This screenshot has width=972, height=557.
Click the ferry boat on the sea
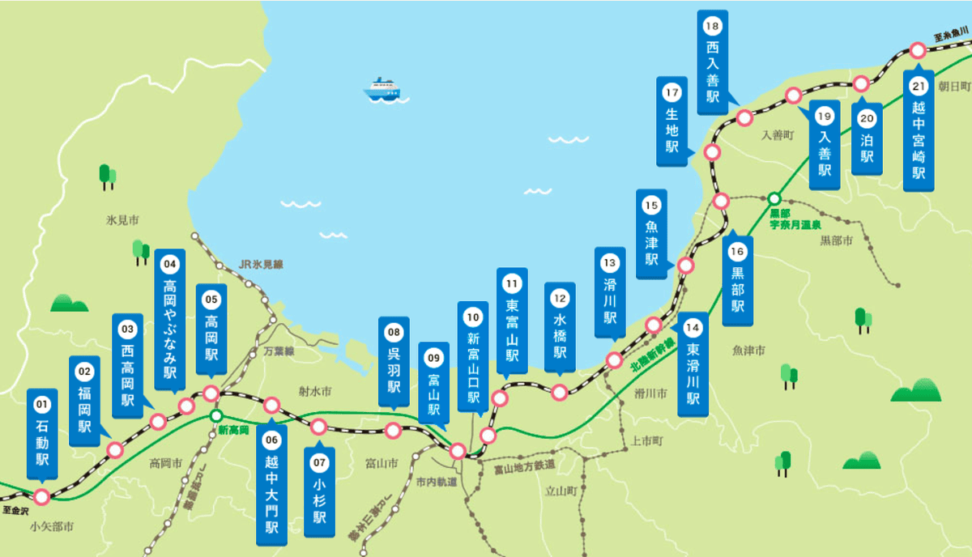click(382, 88)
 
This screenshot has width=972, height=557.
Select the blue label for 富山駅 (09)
click(434, 384)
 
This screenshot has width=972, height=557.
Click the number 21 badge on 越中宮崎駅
click(919, 85)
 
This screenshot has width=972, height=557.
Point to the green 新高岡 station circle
click(216, 416)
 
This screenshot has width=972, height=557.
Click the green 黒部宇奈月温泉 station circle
click(774, 198)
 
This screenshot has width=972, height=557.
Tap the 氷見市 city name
click(122, 219)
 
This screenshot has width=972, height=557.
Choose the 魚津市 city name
click(748, 350)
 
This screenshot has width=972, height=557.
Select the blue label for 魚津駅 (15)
click(651, 236)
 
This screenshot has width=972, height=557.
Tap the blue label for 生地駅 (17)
click(671, 121)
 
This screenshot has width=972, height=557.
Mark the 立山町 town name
click(560, 491)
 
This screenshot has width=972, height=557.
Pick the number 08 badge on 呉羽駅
click(394, 331)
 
